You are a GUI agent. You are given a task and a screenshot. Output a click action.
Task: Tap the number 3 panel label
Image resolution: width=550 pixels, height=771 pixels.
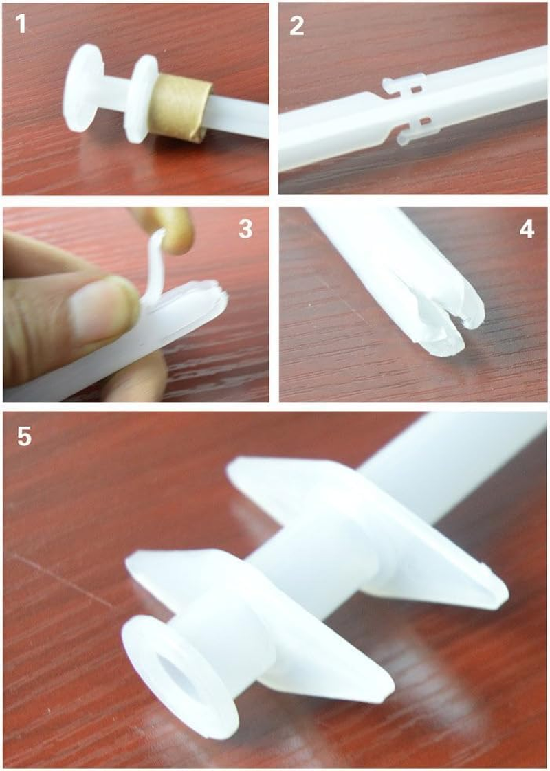point(245,230)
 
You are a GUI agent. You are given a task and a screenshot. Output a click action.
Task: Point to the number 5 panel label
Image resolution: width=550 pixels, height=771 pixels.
point(25,436)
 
